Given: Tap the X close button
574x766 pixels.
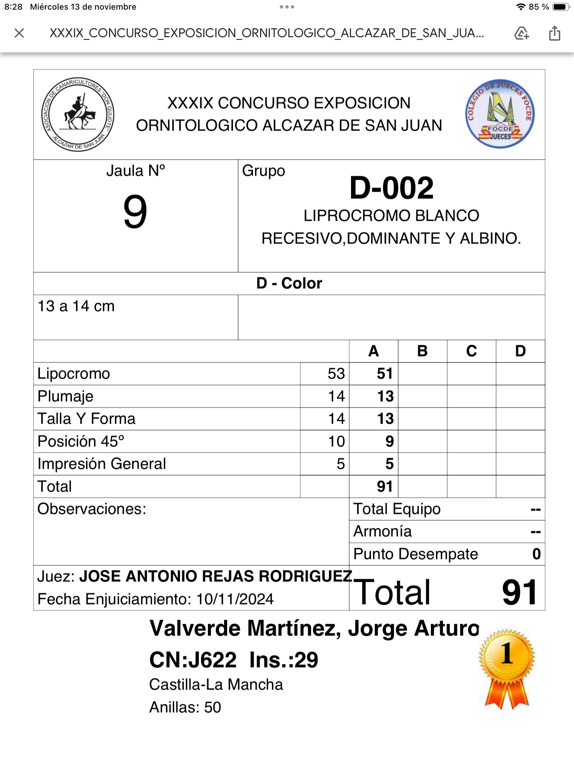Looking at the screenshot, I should (x=19, y=33).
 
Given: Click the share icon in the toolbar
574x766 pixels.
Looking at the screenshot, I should (x=554, y=33).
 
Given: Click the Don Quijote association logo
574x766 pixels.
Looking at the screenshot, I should (x=78, y=114).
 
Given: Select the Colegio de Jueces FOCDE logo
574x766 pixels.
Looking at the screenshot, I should (x=500, y=114).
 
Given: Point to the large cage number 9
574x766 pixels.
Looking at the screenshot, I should (x=135, y=211).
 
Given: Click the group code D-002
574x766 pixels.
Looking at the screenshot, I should (x=391, y=188).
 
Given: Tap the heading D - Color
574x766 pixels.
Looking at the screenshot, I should (x=289, y=283).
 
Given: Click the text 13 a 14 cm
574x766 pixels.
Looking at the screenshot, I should (x=76, y=306).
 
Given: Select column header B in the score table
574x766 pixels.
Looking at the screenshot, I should (x=422, y=351).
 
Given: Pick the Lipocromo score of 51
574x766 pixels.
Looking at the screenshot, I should (x=384, y=374).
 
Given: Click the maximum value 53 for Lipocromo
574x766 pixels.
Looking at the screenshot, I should (x=336, y=374).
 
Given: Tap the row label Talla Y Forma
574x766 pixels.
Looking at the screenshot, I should (x=86, y=419).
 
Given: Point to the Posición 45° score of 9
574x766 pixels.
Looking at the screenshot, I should (x=389, y=441).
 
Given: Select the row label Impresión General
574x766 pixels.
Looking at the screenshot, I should (x=102, y=464).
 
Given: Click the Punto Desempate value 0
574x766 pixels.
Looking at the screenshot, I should (x=536, y=554).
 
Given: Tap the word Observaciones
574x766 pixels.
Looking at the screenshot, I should (x=92, y=509).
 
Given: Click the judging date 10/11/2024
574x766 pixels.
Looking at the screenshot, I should (x=235, y=599).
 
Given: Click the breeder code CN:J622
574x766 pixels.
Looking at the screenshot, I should (x=193, y=660).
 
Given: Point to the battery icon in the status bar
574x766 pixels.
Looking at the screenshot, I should (x=560, y=7).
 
